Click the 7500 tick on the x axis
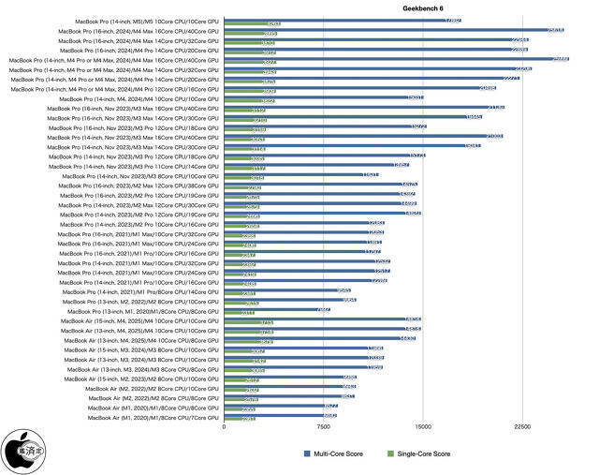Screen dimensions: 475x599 pyautogui.click(x=324, y=427)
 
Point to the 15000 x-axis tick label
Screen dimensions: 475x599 pyautogui.click(x=423, y=427)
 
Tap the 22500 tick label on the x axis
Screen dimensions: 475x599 pyautogui.click(x=522, y=427)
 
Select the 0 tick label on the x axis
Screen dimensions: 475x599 pyautogui.click(x=224, y=427)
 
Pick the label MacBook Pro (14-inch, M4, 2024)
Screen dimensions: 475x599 pyautogui.click(x=139, y=98)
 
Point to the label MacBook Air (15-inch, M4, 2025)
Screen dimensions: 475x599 pyautogui.click(x=139, y=320)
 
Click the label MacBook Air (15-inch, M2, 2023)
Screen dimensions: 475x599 pyautogui.click(x=139, y=379)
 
